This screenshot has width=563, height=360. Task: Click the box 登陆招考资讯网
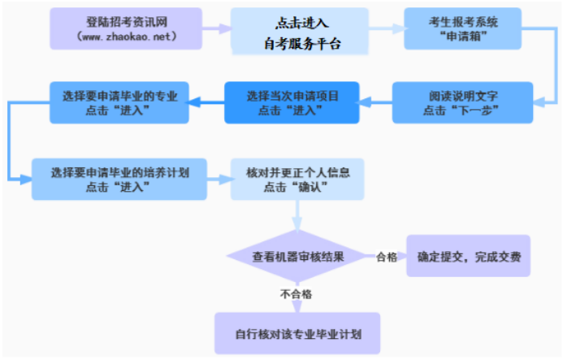pos(126,28)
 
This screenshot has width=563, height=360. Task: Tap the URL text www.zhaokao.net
pos(127,37)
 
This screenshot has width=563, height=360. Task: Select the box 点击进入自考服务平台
pos(300,31)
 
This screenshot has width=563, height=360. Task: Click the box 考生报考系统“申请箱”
pos(463,28)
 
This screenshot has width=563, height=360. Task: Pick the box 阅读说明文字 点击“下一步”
pos(462,102)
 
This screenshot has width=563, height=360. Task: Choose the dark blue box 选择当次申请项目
pos(292,102)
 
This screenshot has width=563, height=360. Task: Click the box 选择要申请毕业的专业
pos(119,102)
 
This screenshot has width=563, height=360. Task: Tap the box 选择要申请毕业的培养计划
pos(119,180)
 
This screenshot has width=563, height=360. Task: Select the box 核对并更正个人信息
pos(297,180)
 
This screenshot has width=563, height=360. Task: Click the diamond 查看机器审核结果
pos(297,257)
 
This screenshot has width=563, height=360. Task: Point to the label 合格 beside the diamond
pos(387,257)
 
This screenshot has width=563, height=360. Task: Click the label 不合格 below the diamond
pos(297,294)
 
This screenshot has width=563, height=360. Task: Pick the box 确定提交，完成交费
pos(468,256)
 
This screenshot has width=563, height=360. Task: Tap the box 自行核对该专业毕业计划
pos(297,333)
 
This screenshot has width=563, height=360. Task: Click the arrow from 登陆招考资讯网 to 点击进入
pos(217,28)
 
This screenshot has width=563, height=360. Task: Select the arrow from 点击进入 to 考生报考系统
pos(387,28)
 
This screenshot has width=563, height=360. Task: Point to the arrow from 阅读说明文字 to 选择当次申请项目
pos(375,102)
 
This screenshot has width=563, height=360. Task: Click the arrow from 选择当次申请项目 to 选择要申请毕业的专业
pos(206,102)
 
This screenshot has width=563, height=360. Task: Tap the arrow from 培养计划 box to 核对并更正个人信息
pos(219,180)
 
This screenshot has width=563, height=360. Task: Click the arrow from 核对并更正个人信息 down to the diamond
pos(297,215)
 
